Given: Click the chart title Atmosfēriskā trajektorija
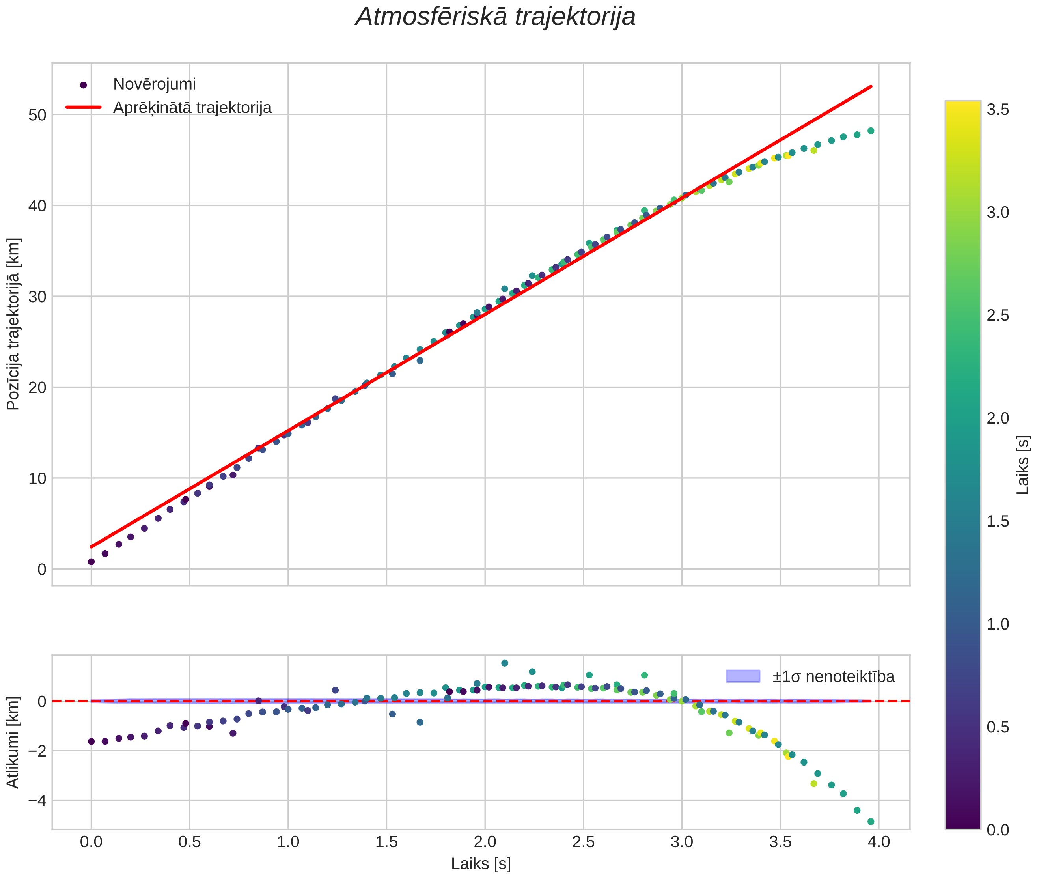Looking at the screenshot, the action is pyautogui.click(x=495, y=17).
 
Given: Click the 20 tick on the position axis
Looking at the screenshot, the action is pyautogui.click(x=38, y=388).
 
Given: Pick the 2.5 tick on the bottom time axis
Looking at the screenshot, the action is pyautogui.click(x=583, y=842).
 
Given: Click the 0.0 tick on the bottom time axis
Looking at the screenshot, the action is pyautogui.click(x=91, y=842).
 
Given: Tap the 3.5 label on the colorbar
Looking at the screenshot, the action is pyautogui.click(x=997, y=110).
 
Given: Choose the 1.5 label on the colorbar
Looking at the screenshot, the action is pyautogui.click(x=997, y=521).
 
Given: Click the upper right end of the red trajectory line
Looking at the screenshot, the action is pyautogui.click(x=871, y=87).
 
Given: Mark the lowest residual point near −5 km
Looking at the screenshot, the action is pyautogui.click(x=871, y=822).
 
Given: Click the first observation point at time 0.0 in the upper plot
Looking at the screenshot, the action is pyautogui.click(x=91, y=561).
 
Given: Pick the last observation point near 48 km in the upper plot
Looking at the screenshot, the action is pyautogui.click(x=871, y=131).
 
